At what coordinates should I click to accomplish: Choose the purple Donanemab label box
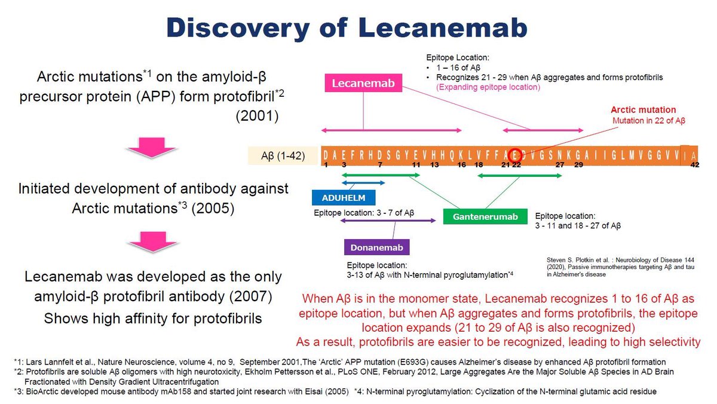pos(376,247)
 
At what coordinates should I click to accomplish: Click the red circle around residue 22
pos(514,154)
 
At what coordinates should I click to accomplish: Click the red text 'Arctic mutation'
pos(643,110)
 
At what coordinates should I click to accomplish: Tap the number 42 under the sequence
pos(694,165)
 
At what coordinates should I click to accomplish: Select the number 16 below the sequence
pos(461,165)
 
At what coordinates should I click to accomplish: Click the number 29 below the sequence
pos(578,165)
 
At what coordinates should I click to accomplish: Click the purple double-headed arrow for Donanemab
pos(388,221)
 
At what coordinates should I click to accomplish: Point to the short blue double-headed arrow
pos(362,182)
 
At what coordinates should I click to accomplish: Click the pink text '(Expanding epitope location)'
pos(488,87)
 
